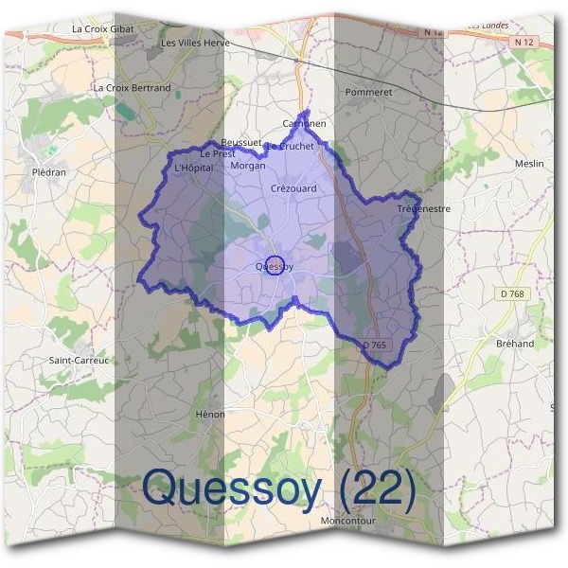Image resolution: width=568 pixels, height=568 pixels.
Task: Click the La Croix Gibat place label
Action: [103, 29]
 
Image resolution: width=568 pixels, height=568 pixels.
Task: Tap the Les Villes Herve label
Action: [195, 43]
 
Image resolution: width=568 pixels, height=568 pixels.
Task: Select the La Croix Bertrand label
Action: [133, 88]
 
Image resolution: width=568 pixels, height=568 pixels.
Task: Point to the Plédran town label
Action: [49, 173]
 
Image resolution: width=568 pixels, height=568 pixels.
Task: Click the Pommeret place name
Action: [369, 93]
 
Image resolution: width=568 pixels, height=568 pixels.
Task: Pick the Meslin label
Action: [529, 164]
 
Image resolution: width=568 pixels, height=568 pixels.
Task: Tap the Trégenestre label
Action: [423, 208]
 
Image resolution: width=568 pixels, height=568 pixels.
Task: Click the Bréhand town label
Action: [515, 344]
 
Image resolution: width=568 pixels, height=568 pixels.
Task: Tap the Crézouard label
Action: [293, 188]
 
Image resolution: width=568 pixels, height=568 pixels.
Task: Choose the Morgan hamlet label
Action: [249, 166]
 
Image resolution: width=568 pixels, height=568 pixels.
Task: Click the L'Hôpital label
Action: [195, 168]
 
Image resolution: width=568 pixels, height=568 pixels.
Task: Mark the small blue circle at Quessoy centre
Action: [275, 265]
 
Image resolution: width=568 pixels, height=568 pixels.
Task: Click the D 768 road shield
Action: [512, 294]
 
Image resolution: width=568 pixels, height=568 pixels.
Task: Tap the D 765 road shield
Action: [376, 346]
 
